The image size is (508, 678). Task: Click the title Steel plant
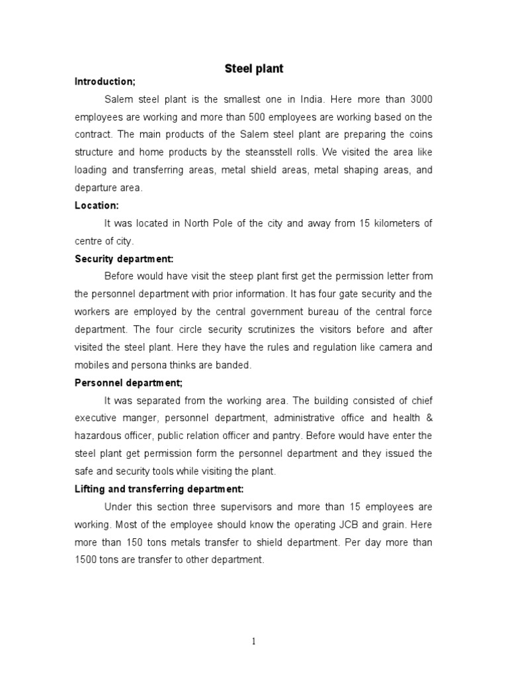(254, 69)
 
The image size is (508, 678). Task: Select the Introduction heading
(105, 81)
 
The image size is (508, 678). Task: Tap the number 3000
(419, 99)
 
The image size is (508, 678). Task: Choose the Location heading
(97, 206)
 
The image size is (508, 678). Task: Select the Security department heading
(124, 259)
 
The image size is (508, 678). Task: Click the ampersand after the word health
(429, 418)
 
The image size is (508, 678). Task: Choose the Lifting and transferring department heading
(159, 489)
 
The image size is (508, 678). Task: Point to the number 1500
(87, 560)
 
